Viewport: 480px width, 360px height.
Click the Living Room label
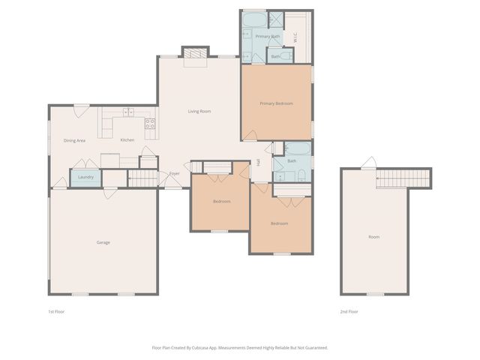[199, 112]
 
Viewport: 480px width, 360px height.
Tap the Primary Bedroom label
[276, 103]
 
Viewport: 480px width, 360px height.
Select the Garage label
[103, 242]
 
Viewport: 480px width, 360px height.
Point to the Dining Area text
[74, 140]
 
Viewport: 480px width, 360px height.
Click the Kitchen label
[127, 140]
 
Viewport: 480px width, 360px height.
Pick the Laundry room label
[85, 177]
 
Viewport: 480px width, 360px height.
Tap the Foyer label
[174, 174]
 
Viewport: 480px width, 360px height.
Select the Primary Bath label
[267, 36]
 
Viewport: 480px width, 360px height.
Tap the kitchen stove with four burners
[150, 124]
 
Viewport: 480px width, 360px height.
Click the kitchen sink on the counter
[128, 112]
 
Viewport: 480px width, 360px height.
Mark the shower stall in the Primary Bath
[275, 19]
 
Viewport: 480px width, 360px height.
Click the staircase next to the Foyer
[141, 178]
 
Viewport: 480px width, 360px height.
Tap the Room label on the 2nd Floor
[373, 237]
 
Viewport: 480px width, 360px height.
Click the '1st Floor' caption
[56, 310]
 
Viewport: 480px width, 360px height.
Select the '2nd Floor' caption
[349, 310]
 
